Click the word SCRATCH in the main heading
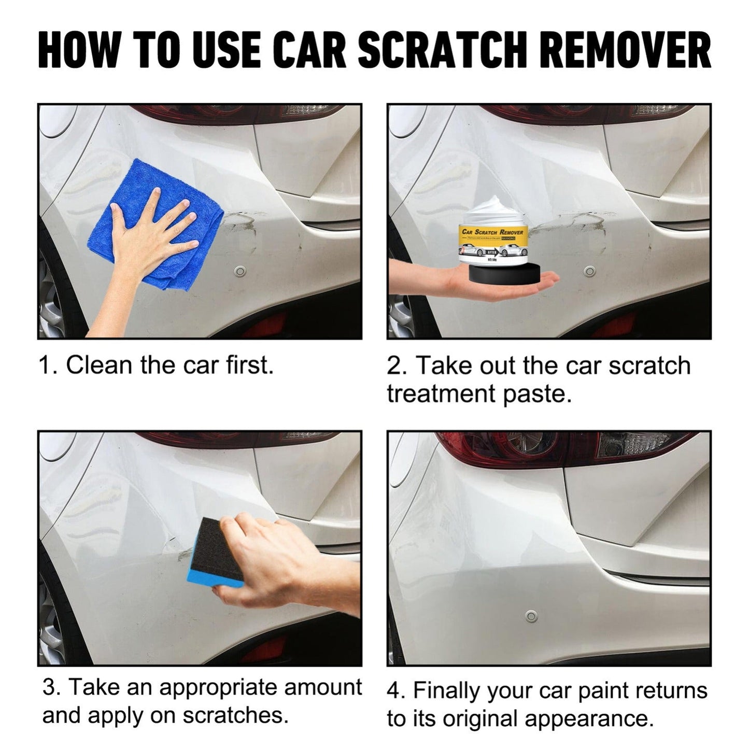(440, 50)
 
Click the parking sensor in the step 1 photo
(240, 271)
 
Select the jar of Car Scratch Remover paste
(492, 236)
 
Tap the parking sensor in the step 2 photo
(589, 271)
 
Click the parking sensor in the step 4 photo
(529, 617)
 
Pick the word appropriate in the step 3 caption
(225, 687)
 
